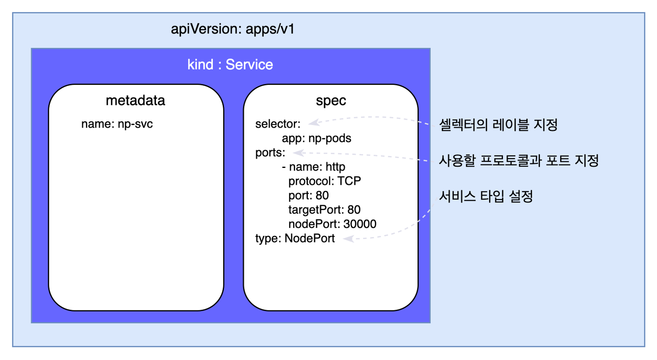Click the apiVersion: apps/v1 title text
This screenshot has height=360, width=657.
pyautogui.click(x=232, y=29)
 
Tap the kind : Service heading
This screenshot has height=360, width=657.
pyautogui.click(x=230, y=65)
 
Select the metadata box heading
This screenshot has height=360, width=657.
pyautogui.click(x=136, y=101)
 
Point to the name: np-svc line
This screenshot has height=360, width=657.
pyautogui.click(x=117, y=124)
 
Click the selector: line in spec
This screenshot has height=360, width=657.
pyautogui.click(x=278, y=124)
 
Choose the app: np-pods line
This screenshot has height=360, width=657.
pyautogui.click(x=317, y=138)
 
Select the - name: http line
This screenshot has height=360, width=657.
pyautogui.click(x=314, y=167)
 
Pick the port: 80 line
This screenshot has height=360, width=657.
pyautogui.click(x=309, y=196)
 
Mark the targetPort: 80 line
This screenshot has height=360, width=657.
pyautogui.click(x=324, y=210)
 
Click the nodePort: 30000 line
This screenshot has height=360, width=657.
pyautogui.click(x=332, y=224)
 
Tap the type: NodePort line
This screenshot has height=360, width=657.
pyautogui.click(x=295, y=239)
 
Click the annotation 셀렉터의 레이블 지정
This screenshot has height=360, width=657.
pyautogui.click(x=498, y=125)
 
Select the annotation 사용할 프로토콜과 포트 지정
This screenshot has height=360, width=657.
pyautogui.click(x=519, y=161)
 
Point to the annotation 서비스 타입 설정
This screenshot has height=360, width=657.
pyautogui.click(x=486, y=196)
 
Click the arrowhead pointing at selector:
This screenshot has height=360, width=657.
pyautogui.click(x=314, y=123)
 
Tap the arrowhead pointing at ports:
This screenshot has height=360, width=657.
pyautogui.click(x=299, y=153)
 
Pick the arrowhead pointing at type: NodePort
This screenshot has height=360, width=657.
pyautogui.click(x=348, y=239)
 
